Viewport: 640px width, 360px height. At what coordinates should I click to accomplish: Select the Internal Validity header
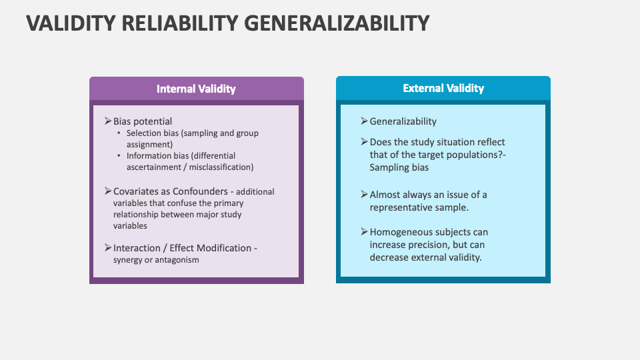pos(196,89)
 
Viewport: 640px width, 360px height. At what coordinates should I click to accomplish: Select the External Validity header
pos(443,88)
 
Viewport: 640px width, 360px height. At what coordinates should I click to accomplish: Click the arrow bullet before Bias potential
pos(108,121)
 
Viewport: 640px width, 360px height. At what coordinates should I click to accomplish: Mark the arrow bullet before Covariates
pos(108,191)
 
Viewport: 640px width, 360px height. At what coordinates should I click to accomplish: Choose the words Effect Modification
pos(209,248)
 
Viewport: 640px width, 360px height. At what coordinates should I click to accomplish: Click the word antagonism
pos(177,259)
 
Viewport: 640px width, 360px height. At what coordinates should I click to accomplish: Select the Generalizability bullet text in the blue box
pos(403,121)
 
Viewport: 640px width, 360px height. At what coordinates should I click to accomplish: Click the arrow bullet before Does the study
pos(365,142)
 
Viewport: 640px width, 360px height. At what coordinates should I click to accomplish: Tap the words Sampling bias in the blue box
pos(399,167)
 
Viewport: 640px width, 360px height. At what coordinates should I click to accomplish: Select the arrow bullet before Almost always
pos(365,195)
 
